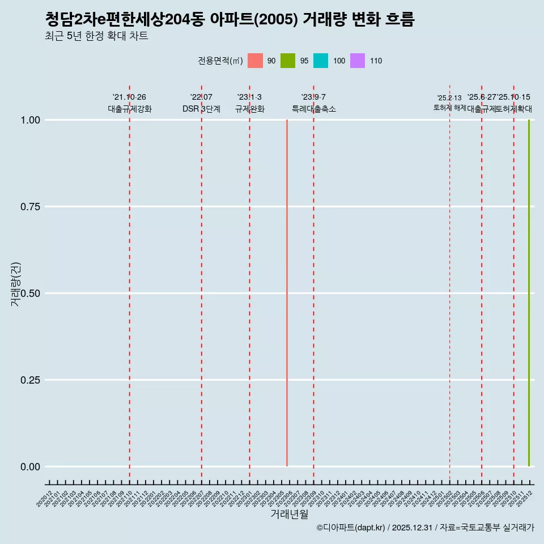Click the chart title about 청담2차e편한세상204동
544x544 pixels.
pos(229,20)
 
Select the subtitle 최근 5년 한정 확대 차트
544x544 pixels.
pos(96,37)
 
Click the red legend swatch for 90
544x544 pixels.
pos(256,61)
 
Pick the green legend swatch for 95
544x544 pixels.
pos(288,61)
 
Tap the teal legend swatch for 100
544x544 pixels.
pos(321,61)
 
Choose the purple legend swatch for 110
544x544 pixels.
pos(358,61)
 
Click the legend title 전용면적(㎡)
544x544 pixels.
pos(220,61)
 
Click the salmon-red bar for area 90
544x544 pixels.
pos(287,293)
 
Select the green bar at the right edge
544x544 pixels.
pos(529,293)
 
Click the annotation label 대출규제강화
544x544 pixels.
pos(130,109)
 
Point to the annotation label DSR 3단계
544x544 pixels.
pos(201,109)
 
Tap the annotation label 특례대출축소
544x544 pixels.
pos(314,109)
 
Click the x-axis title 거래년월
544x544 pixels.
pos(290,514)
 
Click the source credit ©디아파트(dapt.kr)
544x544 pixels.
pos(351,528)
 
